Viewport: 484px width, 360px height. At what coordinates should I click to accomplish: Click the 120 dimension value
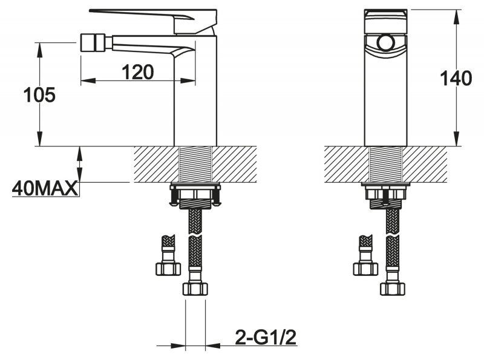pyautogui.click(x=138, y=72)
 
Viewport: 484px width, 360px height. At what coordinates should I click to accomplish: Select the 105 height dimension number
pyautogui.click(x=39, y=95)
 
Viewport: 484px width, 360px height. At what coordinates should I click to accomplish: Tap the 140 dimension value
pyautogui.click(x=456, y=78)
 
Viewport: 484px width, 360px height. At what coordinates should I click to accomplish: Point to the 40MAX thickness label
pyautogui.click(x=45, y=188)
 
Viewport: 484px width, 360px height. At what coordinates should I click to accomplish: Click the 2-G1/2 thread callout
pyautogui.click(x=266, y=337)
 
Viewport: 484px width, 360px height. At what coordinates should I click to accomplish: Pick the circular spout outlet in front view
pyautogui.click(x=385, y=43)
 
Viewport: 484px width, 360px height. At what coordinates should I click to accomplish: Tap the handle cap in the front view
pyautogui.click(x=385, y=21)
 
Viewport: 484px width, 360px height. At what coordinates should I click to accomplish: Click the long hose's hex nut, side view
pyautogui.click(x=195, y=289)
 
